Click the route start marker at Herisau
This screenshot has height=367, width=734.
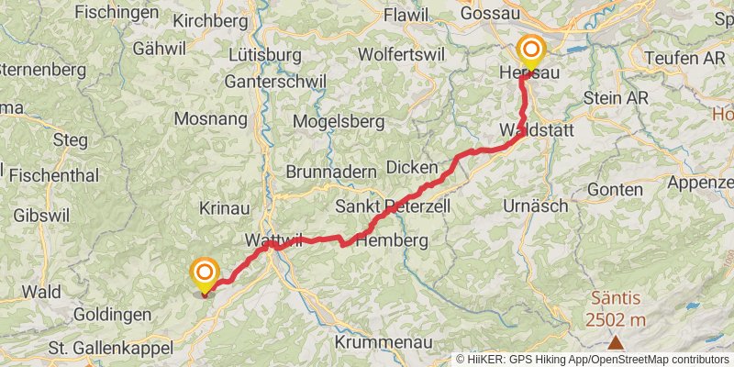point(531,50)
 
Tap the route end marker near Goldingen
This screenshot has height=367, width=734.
point(204,273)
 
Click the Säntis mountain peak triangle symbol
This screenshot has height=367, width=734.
point(615,343)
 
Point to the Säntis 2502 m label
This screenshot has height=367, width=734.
point(616,308)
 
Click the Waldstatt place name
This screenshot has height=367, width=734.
point(537,130)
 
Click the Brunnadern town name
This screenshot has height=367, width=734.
point(331,172)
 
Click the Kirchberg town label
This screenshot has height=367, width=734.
point(210,20)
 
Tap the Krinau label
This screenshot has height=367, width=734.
point(225,208)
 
